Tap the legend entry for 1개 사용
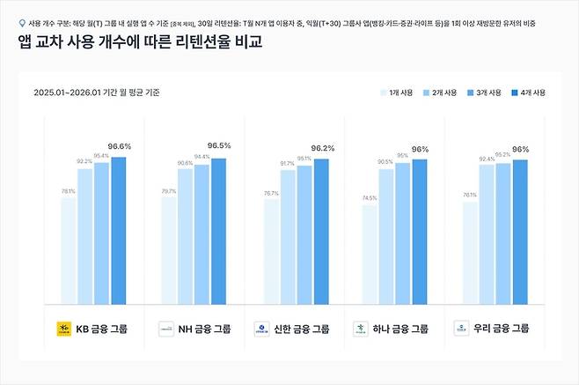point(402,93)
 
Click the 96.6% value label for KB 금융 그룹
point(119,146)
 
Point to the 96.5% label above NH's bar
point(219,145)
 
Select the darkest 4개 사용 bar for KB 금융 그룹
point(119,229)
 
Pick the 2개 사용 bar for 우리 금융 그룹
point(487,233)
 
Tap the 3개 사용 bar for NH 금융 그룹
point(202,233)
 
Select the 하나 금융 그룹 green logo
point(360,329)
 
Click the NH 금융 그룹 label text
point(203,329)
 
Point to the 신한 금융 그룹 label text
point(302,329)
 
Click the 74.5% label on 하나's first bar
point(369,198)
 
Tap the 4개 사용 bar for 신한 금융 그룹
point(321,231)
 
